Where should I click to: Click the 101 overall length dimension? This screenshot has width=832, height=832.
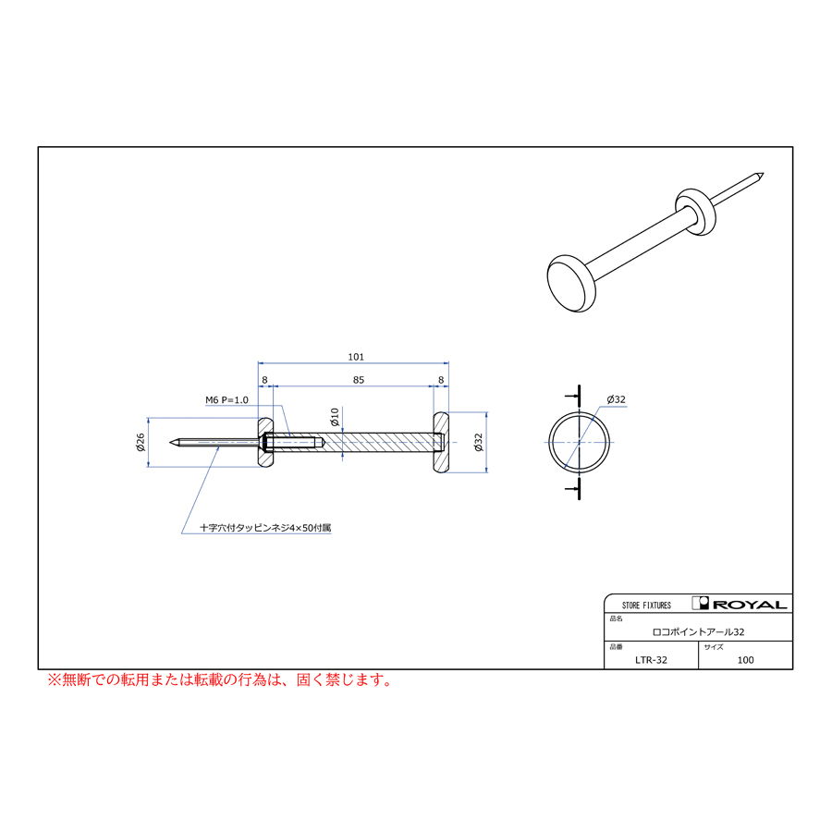356,357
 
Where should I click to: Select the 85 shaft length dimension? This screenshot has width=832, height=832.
359,380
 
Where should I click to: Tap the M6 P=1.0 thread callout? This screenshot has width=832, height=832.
227,400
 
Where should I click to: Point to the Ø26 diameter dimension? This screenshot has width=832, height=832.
141,442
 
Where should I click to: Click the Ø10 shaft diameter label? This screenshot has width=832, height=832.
335,417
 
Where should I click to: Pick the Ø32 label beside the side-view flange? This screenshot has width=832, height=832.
479,442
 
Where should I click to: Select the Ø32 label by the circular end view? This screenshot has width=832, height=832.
616,399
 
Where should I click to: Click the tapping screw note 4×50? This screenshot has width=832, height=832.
265,528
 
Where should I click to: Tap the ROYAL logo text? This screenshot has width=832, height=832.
750,605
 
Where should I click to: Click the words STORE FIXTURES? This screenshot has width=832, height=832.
646,606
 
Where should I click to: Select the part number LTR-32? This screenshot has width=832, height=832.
651,660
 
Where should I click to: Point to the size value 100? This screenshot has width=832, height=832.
745,660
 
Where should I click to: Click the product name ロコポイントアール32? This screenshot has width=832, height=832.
698,632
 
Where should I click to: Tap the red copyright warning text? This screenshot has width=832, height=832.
220,679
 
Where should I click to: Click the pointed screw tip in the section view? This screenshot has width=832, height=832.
171,442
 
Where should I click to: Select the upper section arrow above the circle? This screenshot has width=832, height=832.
573,396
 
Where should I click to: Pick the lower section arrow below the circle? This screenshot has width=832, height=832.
573,488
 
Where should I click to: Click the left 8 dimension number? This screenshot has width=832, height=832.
264,380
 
